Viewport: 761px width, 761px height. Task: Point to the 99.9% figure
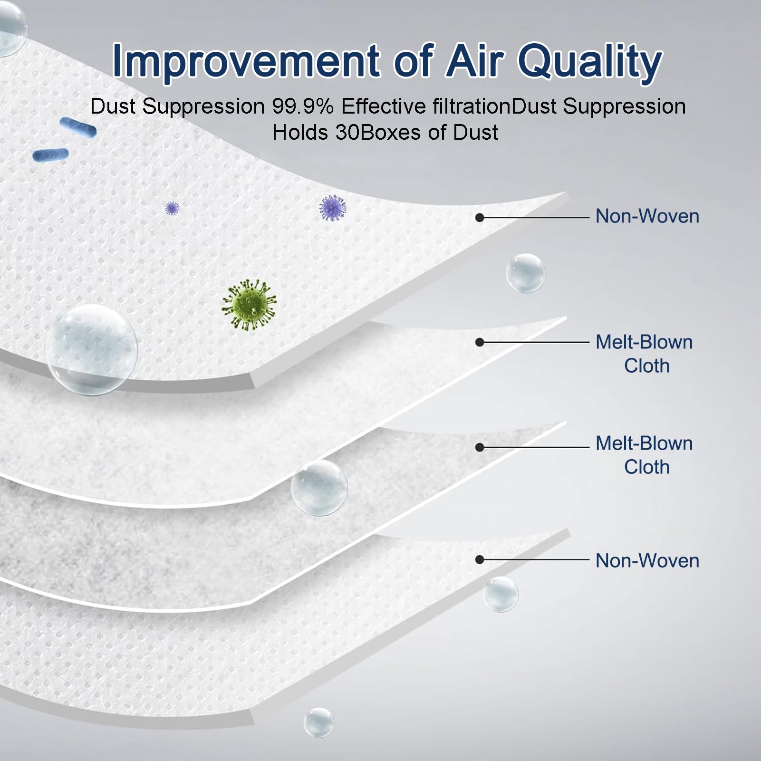pyautogui.click(x=302, y=106)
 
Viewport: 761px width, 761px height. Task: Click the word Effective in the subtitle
pyautogui.click(x=383, y=106)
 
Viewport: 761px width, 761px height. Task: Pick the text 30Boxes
pyautogui.click(x=378, y=132)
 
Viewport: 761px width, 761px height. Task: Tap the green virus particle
pyautogui.click(x=249, y=305)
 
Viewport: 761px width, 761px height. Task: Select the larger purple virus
pyautogui.click(x=333, y=208)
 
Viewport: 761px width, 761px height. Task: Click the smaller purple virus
pyautogui.click(x=172, y=208)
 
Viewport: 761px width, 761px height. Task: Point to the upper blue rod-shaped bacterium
pyautogui.click(x=78, y=127)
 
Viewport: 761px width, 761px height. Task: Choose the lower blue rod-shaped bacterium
pyautogui.click(x=50, y=154)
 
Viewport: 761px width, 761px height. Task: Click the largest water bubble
pyautogui.click(x=92, y=350)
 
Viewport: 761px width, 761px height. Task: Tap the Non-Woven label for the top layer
pyautogui.click(x=647, y=216)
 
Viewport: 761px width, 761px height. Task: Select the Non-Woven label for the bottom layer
pyautogui.click(x=647, y=561)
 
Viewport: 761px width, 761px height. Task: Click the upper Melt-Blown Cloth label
pyautogui.click(x=645, y=354)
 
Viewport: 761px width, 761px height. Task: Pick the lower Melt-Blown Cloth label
pyautogui.click(x=645, y=455)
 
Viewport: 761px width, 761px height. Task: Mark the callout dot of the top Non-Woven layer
pyautogui.click(x=480, y=217)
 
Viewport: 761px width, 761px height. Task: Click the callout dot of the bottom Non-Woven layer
pyautogui.click(x=480, y=560)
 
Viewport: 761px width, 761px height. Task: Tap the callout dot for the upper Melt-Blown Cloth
pyautogui.click(x=480, y=342)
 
